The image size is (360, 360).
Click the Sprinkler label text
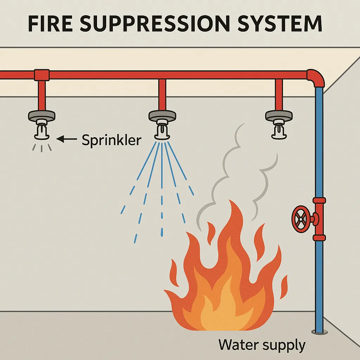(x=111, y=140)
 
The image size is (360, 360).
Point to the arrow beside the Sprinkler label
(x=66, y=140)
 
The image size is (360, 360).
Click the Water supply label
(x=262, y=345)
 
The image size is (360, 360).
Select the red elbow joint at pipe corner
(x=316, y=78)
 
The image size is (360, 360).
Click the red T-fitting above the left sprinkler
(x=41, y=75)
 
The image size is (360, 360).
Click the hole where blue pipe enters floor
(x=319, y=331)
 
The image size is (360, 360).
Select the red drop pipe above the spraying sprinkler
(x=162, y=95)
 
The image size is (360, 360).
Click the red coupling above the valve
(x=319, y=201)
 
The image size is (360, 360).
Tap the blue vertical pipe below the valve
(x=319, y=281)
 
